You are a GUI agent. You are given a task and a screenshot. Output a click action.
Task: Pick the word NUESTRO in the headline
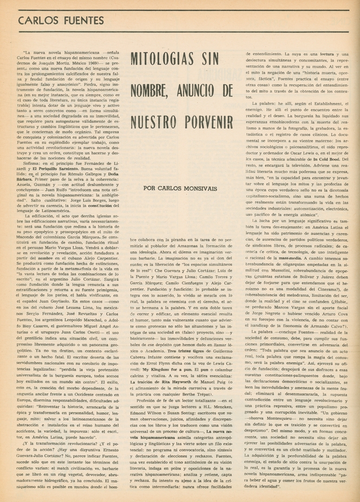click(151, 121)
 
